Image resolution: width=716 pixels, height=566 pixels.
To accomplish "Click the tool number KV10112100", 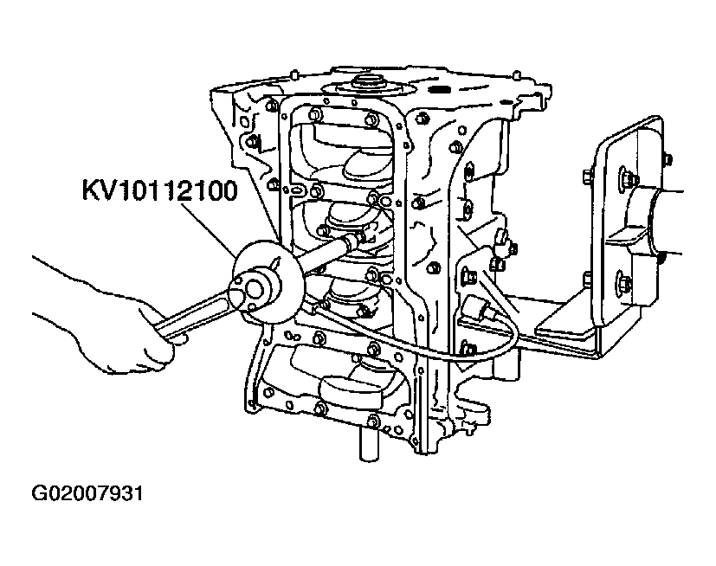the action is click(160, 190).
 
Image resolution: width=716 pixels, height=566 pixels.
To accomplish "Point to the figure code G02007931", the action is click(87, 493).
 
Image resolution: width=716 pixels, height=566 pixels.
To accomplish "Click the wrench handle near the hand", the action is click(192, 315).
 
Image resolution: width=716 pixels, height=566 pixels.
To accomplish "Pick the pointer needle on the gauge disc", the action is click(275, 264).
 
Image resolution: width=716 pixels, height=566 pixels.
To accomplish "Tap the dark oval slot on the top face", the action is click(441, 88).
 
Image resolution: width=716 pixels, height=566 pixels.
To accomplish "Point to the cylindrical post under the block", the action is click(369, 444).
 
